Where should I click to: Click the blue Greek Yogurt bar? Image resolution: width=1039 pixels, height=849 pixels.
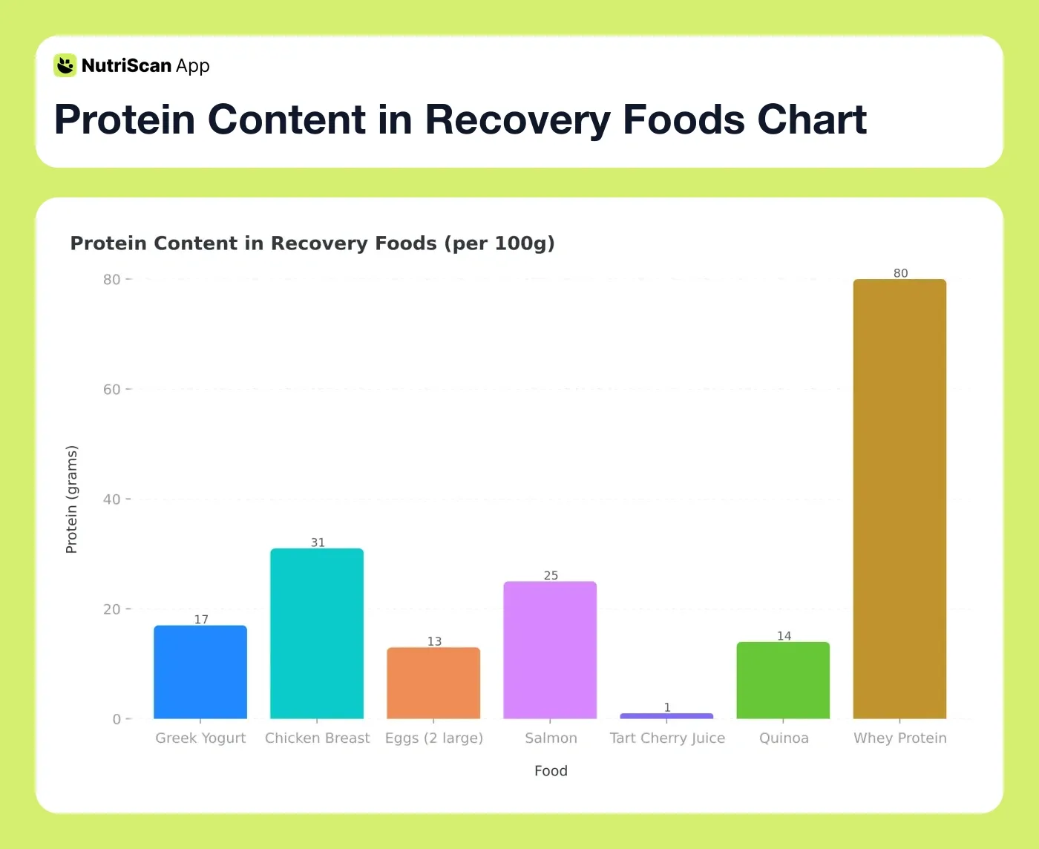[x=200, y=672]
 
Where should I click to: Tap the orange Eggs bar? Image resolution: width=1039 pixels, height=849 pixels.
[x=433, y=683]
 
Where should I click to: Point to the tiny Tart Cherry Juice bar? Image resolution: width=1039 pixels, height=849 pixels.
[x=666, y=716]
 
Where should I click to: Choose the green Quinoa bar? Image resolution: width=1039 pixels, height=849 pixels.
[x=783, y=680]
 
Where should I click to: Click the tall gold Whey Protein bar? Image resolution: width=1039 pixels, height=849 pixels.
[x=899, y=499]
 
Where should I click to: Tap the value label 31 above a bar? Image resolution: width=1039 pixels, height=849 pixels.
[x=318, y=542]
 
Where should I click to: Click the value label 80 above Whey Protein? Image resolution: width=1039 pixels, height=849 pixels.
[x=900, y=273]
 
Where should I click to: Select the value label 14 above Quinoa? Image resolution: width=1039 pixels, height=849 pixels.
[x=784, y=636]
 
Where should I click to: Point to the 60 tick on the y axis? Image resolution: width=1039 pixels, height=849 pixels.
[x=112, y=390]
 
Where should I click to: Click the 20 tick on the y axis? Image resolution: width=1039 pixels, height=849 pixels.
[x=112, y=609]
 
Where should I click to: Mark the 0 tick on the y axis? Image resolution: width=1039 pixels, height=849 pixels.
[x=117, y=719]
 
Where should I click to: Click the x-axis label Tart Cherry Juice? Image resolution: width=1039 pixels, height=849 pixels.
[x=667, y=738]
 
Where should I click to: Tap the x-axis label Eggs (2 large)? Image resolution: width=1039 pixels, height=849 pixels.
[x=433, y=738]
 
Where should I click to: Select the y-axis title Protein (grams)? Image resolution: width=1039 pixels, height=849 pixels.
[x=71, y=499]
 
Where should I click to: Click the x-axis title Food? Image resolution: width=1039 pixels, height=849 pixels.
[x=551, y=770]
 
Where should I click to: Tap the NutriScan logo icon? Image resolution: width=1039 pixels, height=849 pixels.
[x=65, y=65]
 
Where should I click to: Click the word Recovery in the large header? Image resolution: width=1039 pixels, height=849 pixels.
[x=517, y=119]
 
